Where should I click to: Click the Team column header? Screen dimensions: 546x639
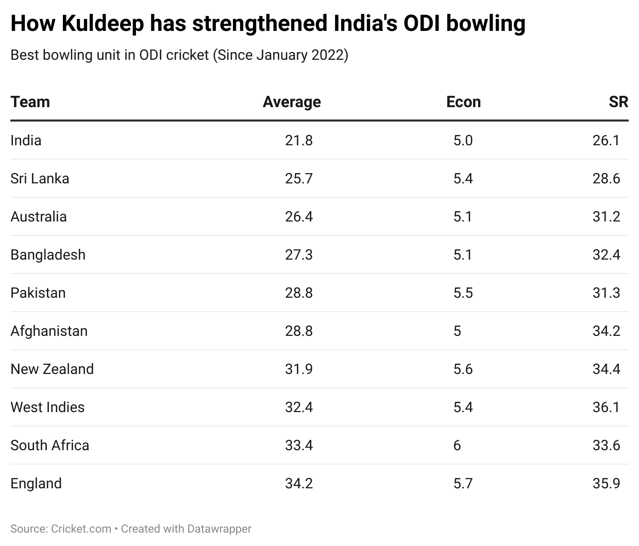(30, 102)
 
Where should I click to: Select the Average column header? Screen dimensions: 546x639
(292, 102)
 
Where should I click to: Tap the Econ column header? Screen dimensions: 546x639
(463, 102)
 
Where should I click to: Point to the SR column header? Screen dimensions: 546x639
(618, 102)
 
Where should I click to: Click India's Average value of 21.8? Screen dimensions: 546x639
(299, 140)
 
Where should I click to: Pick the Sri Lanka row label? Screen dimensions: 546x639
(40, 178)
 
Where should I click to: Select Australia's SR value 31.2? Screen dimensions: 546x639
(606, 216)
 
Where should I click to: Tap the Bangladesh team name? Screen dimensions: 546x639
(48, 254)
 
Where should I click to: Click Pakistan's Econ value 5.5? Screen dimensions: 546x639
(463, 293)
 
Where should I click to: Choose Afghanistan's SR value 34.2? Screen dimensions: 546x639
(606, 331)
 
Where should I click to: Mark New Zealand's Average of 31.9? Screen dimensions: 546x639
(299, 369)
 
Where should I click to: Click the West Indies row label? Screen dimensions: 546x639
(47, 407)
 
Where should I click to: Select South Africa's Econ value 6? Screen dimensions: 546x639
(457, 445)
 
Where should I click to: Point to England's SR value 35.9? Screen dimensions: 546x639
(606, 483)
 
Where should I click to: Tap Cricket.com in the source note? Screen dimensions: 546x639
(81, 528)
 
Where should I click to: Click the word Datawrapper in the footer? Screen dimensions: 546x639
(219, 528)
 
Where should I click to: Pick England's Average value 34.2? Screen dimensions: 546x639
(299, 483)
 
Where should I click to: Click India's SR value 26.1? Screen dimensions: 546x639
(606, 140)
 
